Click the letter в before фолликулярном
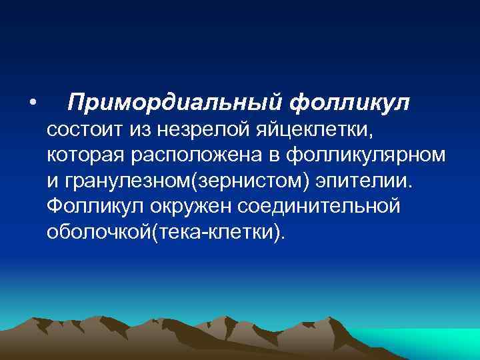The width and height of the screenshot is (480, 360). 275,155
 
